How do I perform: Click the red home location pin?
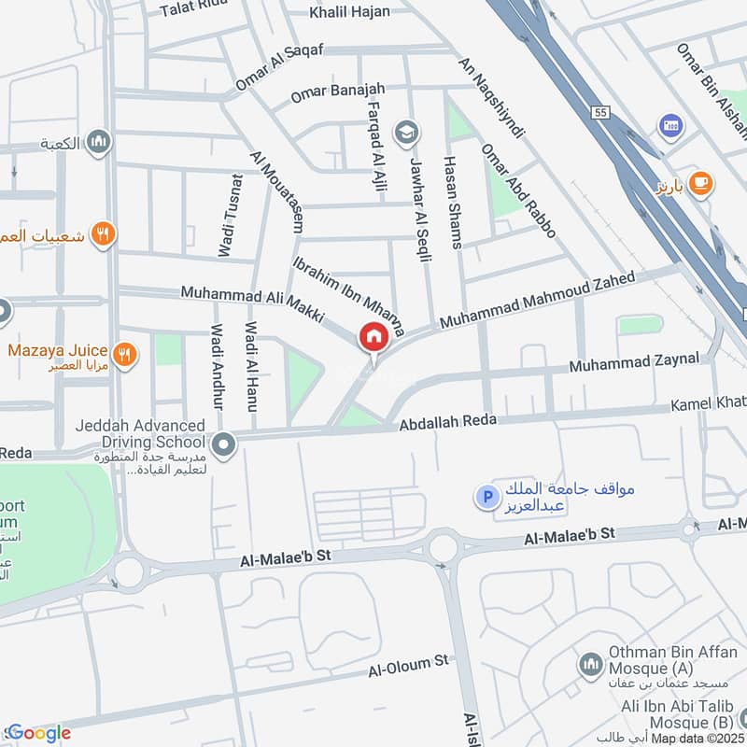373,336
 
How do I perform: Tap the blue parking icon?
485,498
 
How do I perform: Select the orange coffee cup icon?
700,184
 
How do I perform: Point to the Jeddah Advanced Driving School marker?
223,445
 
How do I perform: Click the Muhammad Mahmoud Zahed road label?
537,300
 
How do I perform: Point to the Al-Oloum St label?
408,665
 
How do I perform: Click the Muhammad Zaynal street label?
635,359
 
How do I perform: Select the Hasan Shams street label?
452,202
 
